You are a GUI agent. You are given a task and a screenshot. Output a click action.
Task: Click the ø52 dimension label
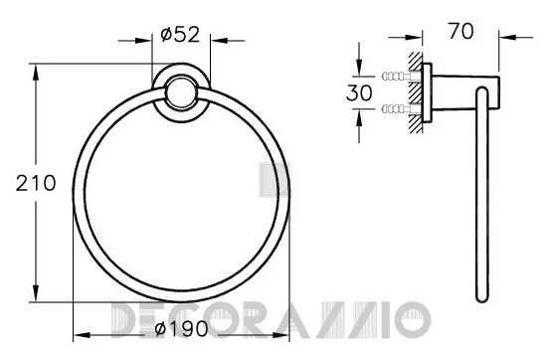180,35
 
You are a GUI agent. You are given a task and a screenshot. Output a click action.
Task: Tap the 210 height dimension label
36,184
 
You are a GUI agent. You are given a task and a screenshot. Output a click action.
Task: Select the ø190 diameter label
181,329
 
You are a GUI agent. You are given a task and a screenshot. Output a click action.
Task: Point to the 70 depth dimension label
460,31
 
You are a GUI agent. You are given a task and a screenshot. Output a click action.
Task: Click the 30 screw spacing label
359,92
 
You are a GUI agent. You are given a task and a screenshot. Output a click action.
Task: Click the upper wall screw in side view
397,76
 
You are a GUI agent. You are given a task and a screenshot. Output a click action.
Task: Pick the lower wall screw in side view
397,108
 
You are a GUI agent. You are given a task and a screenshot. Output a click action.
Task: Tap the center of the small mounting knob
181,92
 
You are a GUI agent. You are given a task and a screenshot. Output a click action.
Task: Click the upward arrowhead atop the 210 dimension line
36,73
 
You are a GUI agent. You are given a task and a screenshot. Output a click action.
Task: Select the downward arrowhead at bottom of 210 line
36,293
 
